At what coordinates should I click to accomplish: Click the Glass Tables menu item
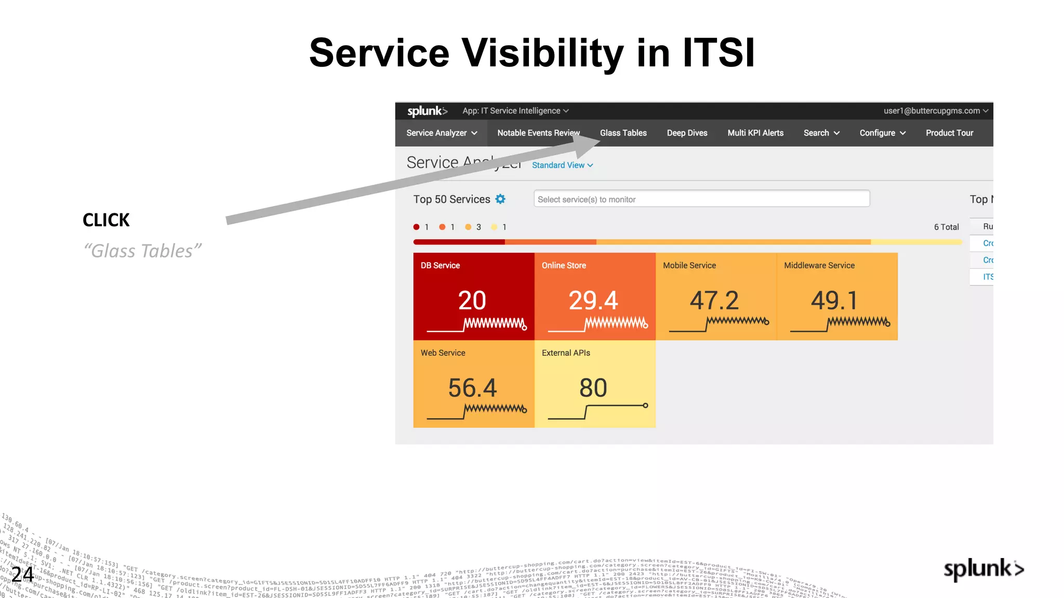623,133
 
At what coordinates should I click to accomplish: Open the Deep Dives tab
687,133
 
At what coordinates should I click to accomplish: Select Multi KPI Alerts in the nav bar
755,133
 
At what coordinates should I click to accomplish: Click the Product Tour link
949,133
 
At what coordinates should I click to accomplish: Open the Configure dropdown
882,133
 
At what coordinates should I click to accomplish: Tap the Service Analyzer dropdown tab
442,133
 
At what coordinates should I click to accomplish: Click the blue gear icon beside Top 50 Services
500,199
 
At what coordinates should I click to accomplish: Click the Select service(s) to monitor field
701,199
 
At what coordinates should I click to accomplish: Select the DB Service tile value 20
472,301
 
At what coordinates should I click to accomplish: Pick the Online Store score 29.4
593,301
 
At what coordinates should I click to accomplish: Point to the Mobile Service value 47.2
714,301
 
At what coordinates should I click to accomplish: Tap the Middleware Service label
819,265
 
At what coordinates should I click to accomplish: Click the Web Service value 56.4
472,388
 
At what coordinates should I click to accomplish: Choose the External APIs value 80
593,388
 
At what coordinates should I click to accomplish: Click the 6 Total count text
946,227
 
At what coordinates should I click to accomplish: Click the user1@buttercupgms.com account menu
935,111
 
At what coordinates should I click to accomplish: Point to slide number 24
22,574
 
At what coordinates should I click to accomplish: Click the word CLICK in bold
106,220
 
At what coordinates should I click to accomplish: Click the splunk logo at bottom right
983,569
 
